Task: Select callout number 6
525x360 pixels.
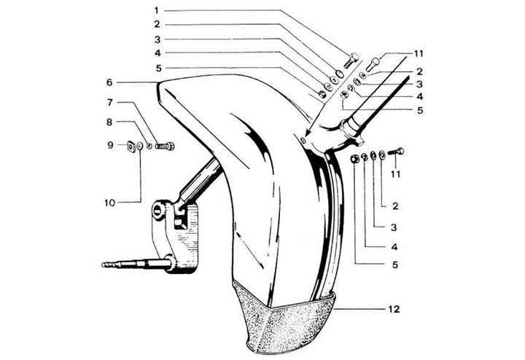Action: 109,82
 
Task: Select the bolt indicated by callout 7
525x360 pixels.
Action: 165,146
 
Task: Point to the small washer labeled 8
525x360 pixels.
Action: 149,146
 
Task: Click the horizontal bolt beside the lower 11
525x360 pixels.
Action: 396,152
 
